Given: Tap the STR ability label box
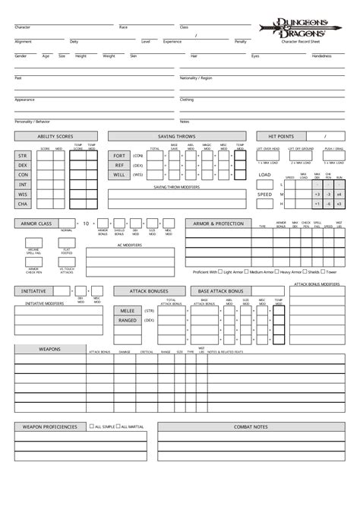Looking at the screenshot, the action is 23,154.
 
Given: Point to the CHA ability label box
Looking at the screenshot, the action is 23,204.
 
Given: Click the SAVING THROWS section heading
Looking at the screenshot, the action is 177,137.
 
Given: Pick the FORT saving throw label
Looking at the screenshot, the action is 119,154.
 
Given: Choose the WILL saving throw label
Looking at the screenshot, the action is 119,174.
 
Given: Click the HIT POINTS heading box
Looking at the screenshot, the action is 280,137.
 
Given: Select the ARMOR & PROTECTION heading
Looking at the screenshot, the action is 218,223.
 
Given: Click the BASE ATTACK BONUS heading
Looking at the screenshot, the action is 220,291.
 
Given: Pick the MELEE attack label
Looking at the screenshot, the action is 126,311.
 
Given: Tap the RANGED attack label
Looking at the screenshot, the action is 126,320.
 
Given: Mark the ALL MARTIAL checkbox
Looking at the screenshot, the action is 118,426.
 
